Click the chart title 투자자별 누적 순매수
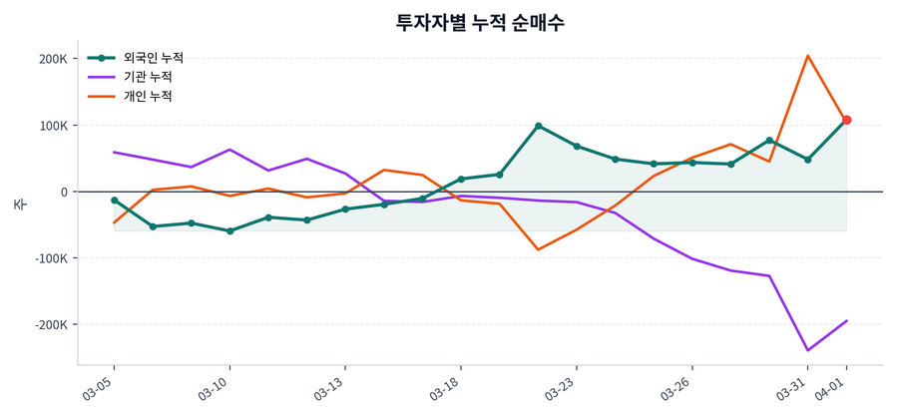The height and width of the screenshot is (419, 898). click(480, 22)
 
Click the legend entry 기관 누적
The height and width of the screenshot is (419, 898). click(147, 77)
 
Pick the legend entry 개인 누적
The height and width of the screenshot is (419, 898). click(147, 97)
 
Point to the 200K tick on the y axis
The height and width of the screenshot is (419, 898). click(53, 59)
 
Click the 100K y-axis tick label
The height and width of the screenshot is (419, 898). click(53, 126)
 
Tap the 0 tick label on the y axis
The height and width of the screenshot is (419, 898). click(63, 192)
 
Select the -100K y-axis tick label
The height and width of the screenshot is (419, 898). click(50, 258)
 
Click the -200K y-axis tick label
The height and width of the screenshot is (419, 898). click(50, 325)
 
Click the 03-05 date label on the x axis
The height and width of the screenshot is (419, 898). click(98, 387)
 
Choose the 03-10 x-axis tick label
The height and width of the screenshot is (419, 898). click(214, 387)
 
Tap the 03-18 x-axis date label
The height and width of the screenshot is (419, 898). click(444, 387)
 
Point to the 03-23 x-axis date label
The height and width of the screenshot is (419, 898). click(560, 387)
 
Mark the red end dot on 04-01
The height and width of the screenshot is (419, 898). click(846, 120)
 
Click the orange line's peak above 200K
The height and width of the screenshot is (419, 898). click(808, 56)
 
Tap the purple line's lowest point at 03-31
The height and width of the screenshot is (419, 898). click(808, 350)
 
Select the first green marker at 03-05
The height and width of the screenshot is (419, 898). click(114, 201)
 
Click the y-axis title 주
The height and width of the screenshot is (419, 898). click(19, 204)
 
